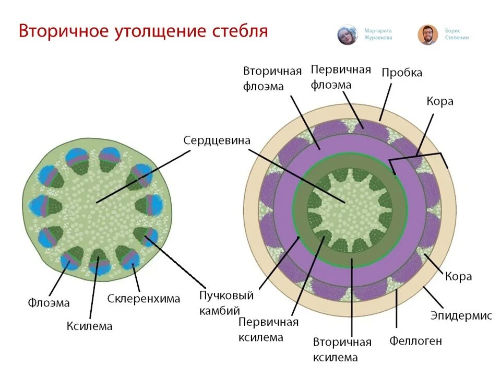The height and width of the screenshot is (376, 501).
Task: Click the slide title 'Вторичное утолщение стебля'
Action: [x=143, y=31]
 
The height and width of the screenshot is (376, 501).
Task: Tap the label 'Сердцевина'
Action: [x=217, y=140]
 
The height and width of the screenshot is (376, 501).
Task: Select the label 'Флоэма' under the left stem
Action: [x=49, y=302]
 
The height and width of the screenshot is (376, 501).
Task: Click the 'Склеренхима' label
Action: [x=144, y=299]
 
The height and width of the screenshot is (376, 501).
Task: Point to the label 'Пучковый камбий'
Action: [x=226, y=303]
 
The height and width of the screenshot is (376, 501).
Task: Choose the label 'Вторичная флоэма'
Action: [x=272, y=78]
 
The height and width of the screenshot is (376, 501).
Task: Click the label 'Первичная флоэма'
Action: [x=341, y=77]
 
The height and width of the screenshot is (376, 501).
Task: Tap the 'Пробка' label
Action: [x=402, y=73]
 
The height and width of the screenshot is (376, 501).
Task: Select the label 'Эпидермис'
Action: [x=461, y=315]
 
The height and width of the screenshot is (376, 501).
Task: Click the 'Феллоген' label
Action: [x=415, y=341]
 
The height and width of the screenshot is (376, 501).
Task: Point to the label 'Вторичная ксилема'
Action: [x=342, y=349]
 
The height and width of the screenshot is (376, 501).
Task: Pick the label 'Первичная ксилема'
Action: [x=268, y=330]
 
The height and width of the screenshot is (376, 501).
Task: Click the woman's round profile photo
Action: [x=347, y=35]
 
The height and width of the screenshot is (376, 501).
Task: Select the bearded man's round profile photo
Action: [x=427, y=35]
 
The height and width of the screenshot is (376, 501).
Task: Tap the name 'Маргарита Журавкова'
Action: [x=378, y=34]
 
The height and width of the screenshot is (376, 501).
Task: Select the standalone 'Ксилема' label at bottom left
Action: [x=89, y=326]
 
